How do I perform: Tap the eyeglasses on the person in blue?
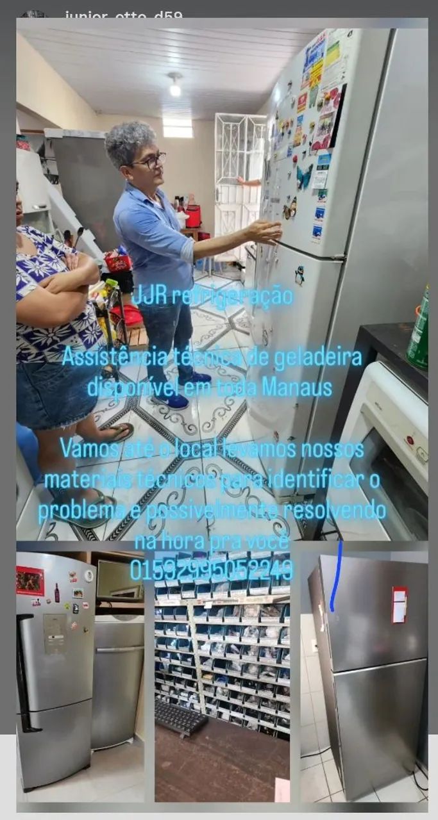[151, 161]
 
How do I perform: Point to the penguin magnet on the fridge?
[299, 275]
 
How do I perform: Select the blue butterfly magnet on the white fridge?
[304, 177]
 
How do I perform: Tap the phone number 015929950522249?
[212, 569]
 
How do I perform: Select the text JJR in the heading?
[149, 297]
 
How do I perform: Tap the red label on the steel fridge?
[400, 604]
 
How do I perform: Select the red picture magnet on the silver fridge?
[30, 581]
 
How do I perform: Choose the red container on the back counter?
[193, 216]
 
